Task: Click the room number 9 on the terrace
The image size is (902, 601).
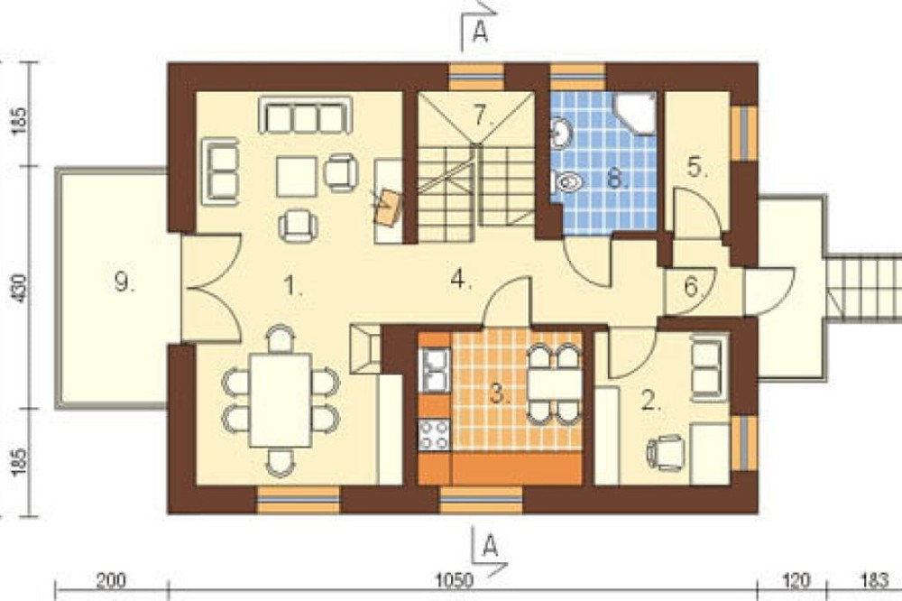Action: pos(124,282)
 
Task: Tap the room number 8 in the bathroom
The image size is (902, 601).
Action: pos(616,179)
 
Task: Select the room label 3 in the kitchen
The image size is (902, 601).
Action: pos(500,394)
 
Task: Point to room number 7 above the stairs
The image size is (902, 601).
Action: pos(483,116)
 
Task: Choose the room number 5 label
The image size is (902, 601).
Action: pos(692,287)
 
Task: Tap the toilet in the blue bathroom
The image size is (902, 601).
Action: pos(569,183)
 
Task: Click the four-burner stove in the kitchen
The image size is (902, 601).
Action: pos(435,435)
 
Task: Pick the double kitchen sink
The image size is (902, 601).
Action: pos(435,371)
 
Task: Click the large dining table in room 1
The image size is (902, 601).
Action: pos(281,401)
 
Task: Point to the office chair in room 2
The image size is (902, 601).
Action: pos(666,452)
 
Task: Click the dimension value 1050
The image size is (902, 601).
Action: pos(454,579)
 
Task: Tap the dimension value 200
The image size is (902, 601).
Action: pos(110,579)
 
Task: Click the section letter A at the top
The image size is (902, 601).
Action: pos(480,32)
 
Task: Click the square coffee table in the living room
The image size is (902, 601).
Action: pos(296,177)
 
